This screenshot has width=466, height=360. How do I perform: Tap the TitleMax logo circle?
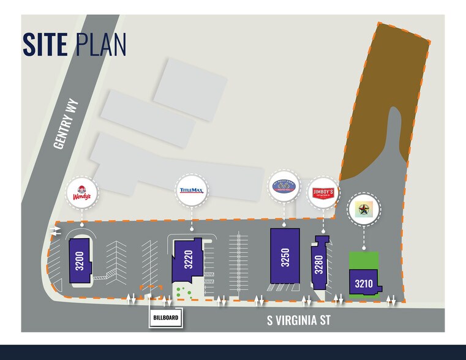pyautogui.click(x=192, y=190)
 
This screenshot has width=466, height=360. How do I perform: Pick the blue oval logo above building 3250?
pyautogui.click(x=284, y=186)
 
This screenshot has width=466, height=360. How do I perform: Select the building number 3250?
pyautogui.click(x=285, y=257)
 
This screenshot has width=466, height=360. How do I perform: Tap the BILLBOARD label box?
pyautogui.click(x=167, y=319)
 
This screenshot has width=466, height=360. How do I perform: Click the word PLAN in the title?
pyautogui.click(x=102, y=45)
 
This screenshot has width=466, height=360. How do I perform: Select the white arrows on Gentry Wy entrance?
pyautogui.click(x=56, y=231)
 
